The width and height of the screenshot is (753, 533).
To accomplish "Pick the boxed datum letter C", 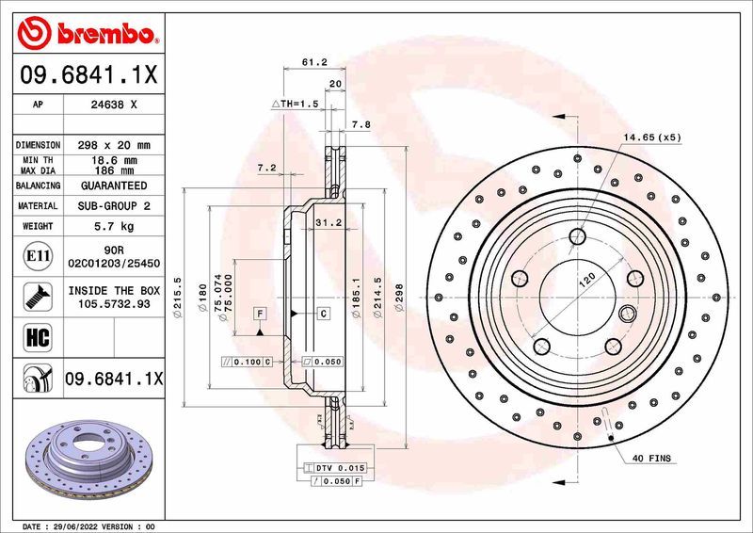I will [x=322, y=313].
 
